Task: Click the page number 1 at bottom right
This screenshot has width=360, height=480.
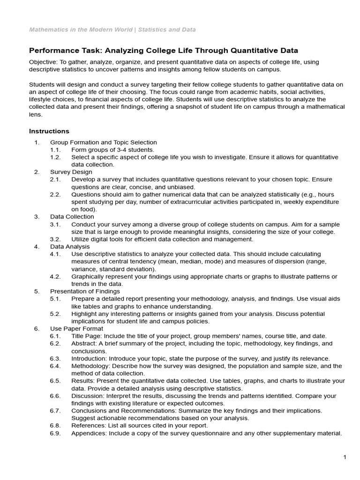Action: [345, 457]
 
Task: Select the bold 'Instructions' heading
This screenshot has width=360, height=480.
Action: [49, 131]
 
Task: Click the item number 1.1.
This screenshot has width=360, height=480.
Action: [55, 150]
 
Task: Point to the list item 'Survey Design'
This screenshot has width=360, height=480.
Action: [71, 172]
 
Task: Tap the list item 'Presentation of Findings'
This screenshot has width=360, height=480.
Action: [85, 291]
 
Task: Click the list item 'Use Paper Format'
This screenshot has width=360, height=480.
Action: [76, 329]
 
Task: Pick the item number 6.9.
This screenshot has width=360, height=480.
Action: [55, 433]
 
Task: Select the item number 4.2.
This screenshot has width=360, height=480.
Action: [55, 277]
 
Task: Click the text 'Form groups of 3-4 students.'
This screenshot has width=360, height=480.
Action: [112, 150]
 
